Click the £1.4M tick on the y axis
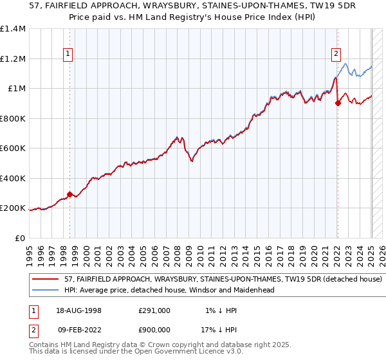[14, 29]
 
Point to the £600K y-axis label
[14, 148]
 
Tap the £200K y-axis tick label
[14, 208]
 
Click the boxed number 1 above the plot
[68, 55]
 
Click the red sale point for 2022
[338, 104]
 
